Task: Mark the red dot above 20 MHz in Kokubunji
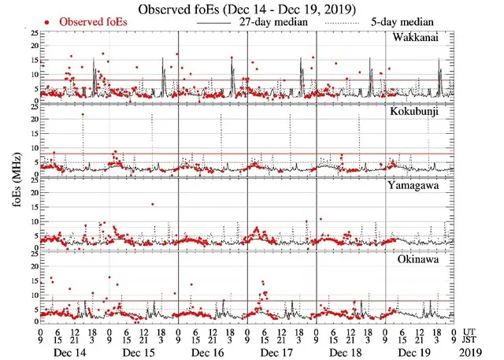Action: (x=83, y=115)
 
